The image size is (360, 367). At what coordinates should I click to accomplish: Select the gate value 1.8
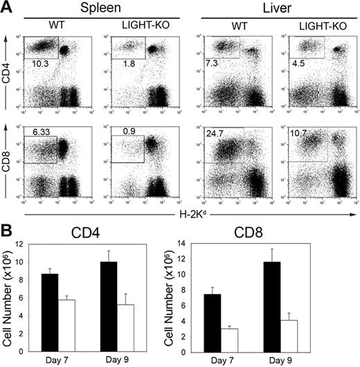(123, 63)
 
